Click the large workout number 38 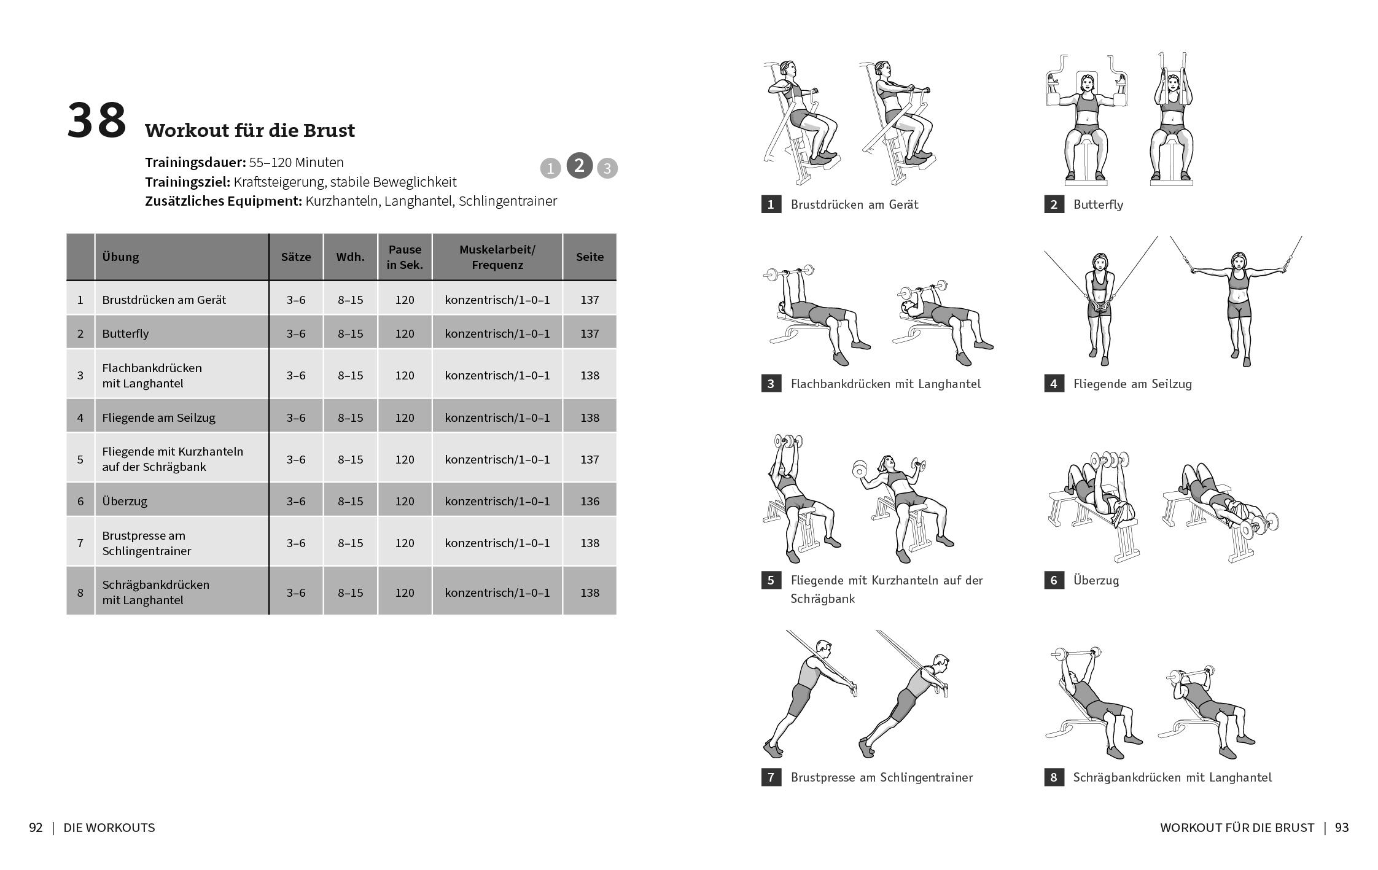pos(96,121)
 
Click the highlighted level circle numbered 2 pos(579,166)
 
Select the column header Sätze pos(296,257)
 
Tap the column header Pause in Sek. pos(405,257)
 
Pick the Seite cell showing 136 pos(590,501)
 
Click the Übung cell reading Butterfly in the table pos(126,333)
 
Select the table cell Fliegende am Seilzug pos(158,418)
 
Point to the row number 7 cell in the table pos(80,543)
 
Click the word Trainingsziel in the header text pos(187,182)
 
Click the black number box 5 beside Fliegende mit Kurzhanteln pos(771,580)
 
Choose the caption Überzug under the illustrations pos(1096,580)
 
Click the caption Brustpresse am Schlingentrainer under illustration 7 pos(881,777)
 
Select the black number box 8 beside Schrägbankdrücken pos(1054,777)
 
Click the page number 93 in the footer pos(1342,828)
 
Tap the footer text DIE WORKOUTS pos(109,828)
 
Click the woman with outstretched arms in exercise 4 pos(1239,307)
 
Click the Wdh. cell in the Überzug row pos(350,501)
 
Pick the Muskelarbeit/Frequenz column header pos(497,257)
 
